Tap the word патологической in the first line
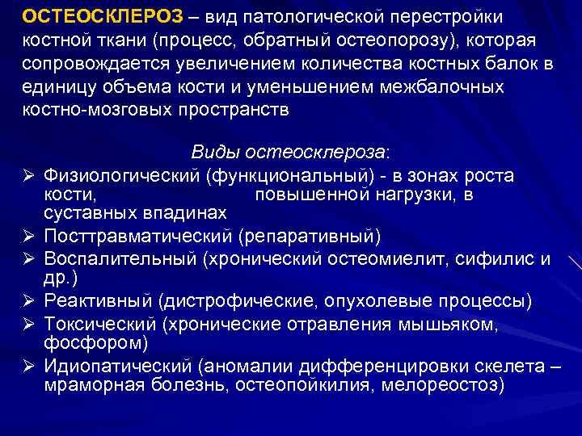click(x=306, y=17)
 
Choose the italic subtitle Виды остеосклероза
click(x=289, y=152)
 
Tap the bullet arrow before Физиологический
click(x=27, y=176)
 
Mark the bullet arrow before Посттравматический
click(x=27, y=236)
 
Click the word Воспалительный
click(x=121, y=258)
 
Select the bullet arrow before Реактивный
click(x=27, y=301)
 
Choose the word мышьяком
click(x=448, y=324)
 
